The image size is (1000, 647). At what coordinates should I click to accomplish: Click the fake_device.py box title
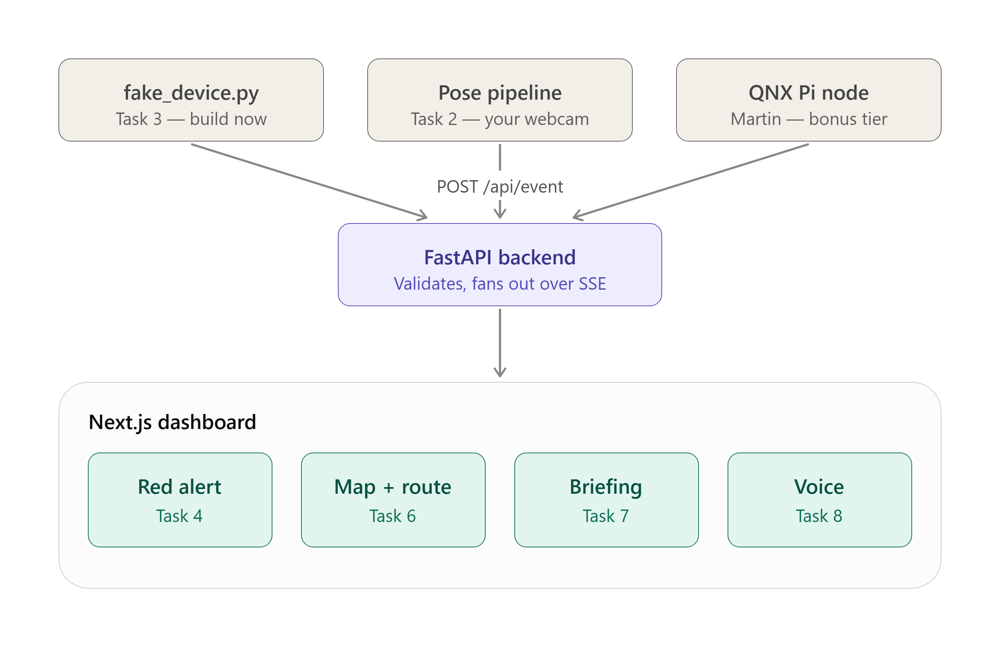191,93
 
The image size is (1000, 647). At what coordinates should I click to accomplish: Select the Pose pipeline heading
500,93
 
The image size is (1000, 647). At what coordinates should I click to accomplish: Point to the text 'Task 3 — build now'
191,119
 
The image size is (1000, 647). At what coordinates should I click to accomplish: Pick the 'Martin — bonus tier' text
808,119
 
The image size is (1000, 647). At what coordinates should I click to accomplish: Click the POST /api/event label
500,186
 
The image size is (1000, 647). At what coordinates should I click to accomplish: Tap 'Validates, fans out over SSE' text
500,283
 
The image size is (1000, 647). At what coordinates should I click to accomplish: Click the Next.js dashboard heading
172,422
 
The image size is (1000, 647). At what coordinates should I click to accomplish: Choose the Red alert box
180,500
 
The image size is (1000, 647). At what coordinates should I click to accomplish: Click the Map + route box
393,500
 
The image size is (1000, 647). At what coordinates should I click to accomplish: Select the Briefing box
606,500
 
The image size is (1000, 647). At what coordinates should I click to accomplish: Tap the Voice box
819,500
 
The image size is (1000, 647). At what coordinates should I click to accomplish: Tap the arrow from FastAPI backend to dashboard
500,343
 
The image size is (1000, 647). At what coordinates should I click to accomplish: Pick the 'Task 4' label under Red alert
179,516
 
